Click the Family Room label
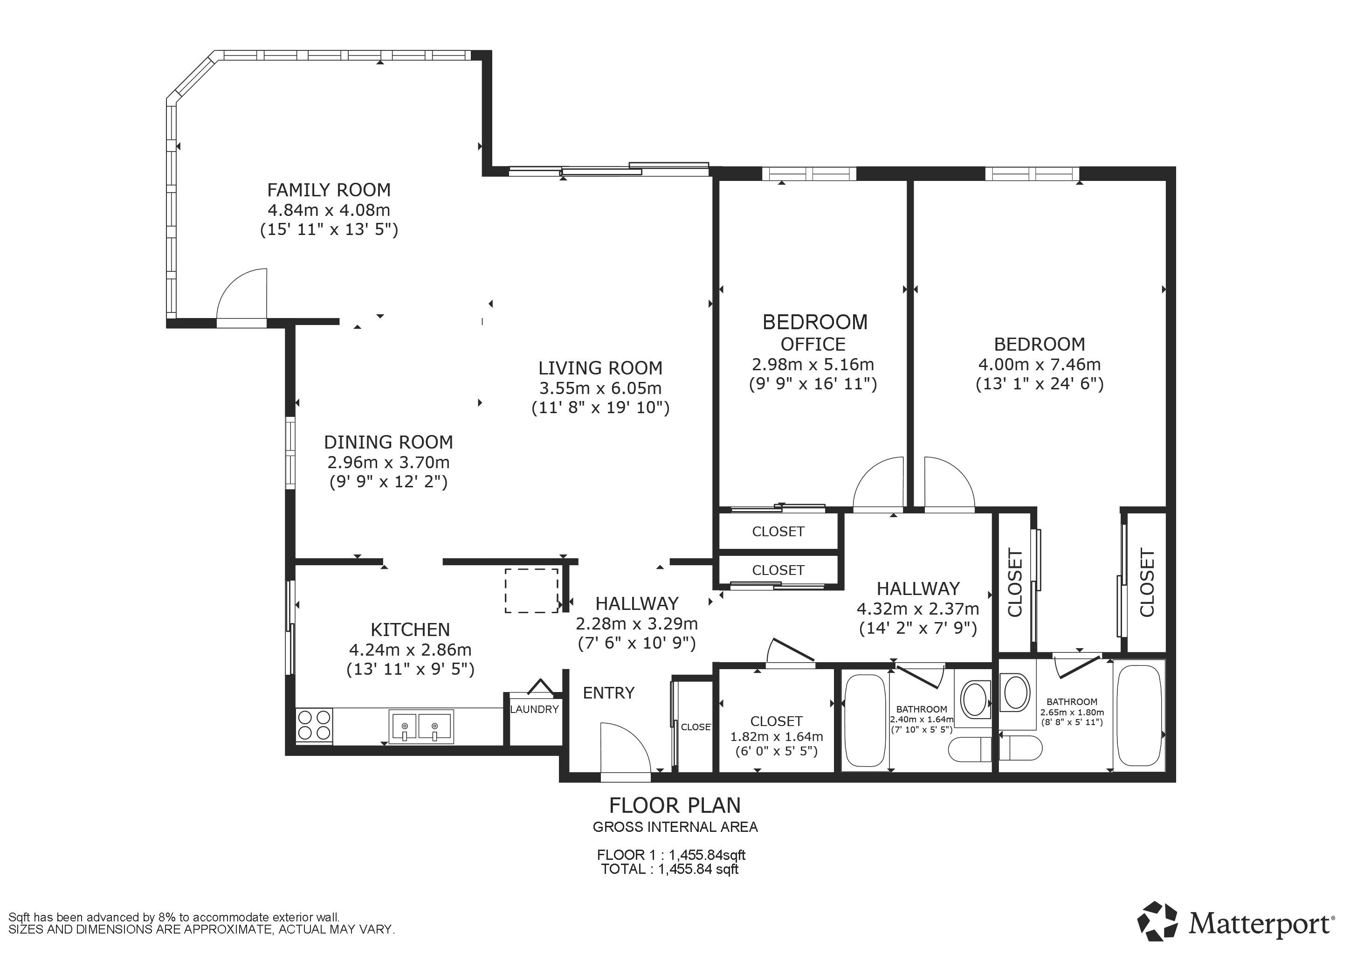(329, 190)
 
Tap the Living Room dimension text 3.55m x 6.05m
(600, 388)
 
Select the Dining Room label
(389, 442)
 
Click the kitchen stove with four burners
(314, 726)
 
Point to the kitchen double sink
(421, 727)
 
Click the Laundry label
(534, 709)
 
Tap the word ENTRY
(608, 693)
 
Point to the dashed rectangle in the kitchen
(531, 590)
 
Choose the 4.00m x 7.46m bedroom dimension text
(1040, 365)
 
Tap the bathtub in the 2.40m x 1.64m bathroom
(864, 720)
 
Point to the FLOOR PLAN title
(675, 805)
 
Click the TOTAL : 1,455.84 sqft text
(670, 869)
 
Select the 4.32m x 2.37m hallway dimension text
(918, 609)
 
